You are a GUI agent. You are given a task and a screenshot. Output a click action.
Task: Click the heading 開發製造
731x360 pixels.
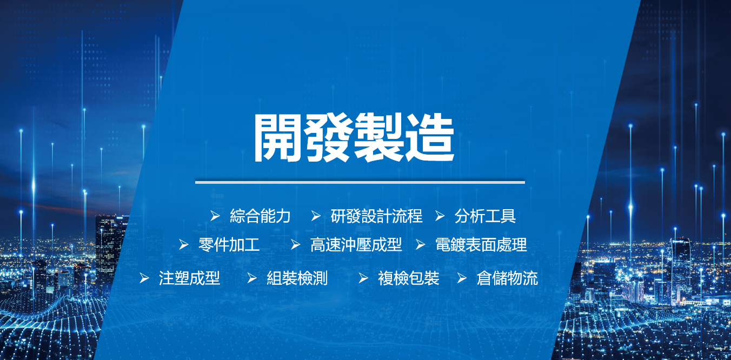coord(354,137)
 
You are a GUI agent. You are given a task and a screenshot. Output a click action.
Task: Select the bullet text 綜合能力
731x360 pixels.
coord(260,216)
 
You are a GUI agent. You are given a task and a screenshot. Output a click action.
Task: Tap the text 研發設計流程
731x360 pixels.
coord(376,216)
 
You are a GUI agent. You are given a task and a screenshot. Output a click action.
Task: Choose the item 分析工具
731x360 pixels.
coord(485,216)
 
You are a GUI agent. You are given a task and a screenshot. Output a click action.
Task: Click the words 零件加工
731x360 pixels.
coord(229,245)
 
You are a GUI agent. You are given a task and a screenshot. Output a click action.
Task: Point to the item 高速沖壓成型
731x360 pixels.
coord(356,245)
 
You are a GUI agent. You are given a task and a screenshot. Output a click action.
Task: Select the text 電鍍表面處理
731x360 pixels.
coord(481,245)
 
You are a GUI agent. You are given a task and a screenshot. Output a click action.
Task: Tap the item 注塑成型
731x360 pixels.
coord(189,278)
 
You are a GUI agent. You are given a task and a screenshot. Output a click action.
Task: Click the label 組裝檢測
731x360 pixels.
coord(297,278)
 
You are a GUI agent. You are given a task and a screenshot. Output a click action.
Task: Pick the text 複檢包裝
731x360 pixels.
coord(409,278)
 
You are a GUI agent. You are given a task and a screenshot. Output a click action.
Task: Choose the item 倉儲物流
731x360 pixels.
coord(507,278)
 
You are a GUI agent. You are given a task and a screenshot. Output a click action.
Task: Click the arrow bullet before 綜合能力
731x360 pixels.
coord(215,216)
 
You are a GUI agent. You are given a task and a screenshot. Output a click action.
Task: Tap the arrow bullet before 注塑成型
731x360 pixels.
coord(144,278)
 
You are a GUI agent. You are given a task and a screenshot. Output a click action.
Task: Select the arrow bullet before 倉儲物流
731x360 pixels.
coord(462,278)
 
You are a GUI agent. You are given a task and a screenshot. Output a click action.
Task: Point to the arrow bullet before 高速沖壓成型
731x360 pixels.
coord(296,244)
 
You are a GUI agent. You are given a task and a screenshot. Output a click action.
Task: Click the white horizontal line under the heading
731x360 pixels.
coord(360,182)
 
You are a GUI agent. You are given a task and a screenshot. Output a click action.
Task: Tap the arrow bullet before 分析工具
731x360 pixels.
coord(440,216)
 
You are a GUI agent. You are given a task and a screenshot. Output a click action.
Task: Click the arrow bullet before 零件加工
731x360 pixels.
coord(184,244)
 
